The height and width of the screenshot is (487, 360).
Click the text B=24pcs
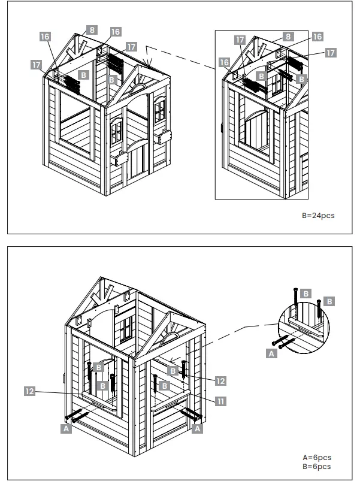[x=318, y=215]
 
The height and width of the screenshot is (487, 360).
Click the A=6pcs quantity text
[x=317, y=457]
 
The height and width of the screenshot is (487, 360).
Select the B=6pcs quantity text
[x=317, y=466]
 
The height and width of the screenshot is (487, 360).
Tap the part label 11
[x=220, y=401]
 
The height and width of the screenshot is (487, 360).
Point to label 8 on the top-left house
[x=91, y=29]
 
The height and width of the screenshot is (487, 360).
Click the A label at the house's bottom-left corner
[x=66, y=429]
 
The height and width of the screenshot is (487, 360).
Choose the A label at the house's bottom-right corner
[x=198, y=429]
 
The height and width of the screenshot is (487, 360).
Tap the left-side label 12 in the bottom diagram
[x=29, y=391]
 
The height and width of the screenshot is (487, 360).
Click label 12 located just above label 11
[x=220, y=381]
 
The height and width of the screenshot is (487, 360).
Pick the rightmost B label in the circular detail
[x=329, y=301]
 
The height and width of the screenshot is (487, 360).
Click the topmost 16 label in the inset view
[x=317, y=37]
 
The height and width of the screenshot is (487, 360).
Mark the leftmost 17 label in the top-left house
[x=36, y=63]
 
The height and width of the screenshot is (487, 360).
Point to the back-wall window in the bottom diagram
[x=126, y=329]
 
